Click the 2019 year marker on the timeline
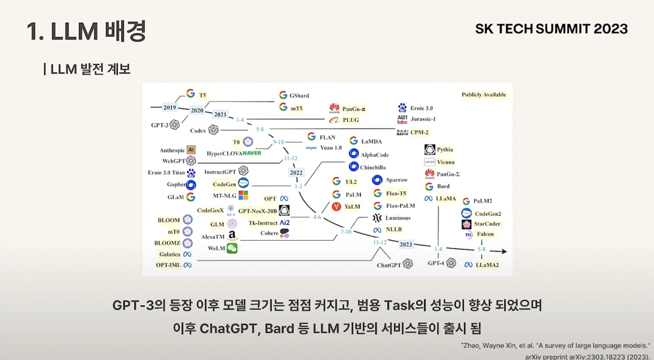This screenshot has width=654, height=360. pyautogui.click(x=169, y=107)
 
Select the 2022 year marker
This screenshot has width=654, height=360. pyautogui.click(x=296, y=172)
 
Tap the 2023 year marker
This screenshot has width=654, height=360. pyautogui.click(x=406, y=244)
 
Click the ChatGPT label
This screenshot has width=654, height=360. pyautogui.click(x=389, y=265)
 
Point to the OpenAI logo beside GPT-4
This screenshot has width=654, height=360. pyautogui.click(x=451, y=263)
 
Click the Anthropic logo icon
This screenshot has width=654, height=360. pyautogui.click(x=191, y=150)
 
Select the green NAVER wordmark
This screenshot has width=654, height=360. pyautogui.click(x=252, y=153)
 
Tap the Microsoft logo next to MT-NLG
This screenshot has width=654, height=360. pyautogui.click(x=243, y=195)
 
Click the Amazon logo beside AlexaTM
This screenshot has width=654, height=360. pyautogui.click(x=232, y=236)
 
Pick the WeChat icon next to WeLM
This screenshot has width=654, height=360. pyautogui.click(x=232, y=248)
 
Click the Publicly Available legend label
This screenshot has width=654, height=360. pyautogui.click(x=484, y=95)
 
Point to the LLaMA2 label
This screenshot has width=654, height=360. pyautogui.click(x=487, y=265)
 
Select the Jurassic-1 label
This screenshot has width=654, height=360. pyautogui.click(x=423, y=119)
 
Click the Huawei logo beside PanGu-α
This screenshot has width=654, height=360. pyautogui.click(x=334, y=108)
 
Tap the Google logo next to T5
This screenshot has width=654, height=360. pyautogui.click(x=190, y=93)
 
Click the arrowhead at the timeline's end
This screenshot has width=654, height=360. pyautogui.click(x=504, y=252)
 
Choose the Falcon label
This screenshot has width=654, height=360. pyautogui.click(x=485, y=234)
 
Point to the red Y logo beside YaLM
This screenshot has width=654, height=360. pyautogui.click(x=336, y=207)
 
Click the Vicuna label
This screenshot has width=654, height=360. pyautogui.click(x=445, y=162)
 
